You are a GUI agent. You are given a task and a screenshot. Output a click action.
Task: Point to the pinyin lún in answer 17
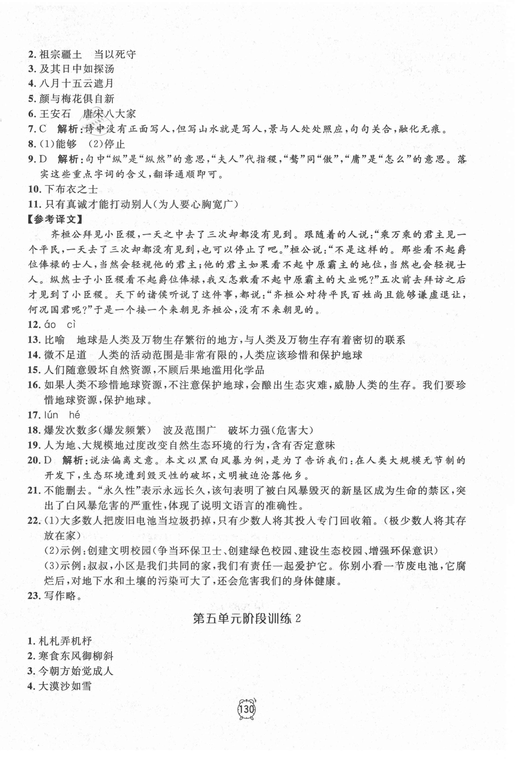51,415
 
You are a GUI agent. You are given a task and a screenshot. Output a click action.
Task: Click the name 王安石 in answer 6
55,114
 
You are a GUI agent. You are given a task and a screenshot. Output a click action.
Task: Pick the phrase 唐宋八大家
109,114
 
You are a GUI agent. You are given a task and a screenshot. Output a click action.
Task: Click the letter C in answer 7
43,129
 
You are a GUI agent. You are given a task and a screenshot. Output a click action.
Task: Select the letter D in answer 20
48,461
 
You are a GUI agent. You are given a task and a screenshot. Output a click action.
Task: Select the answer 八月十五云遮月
76,83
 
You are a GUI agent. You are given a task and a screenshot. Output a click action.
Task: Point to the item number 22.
34,521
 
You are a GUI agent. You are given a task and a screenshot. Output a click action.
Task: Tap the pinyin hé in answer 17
74,415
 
